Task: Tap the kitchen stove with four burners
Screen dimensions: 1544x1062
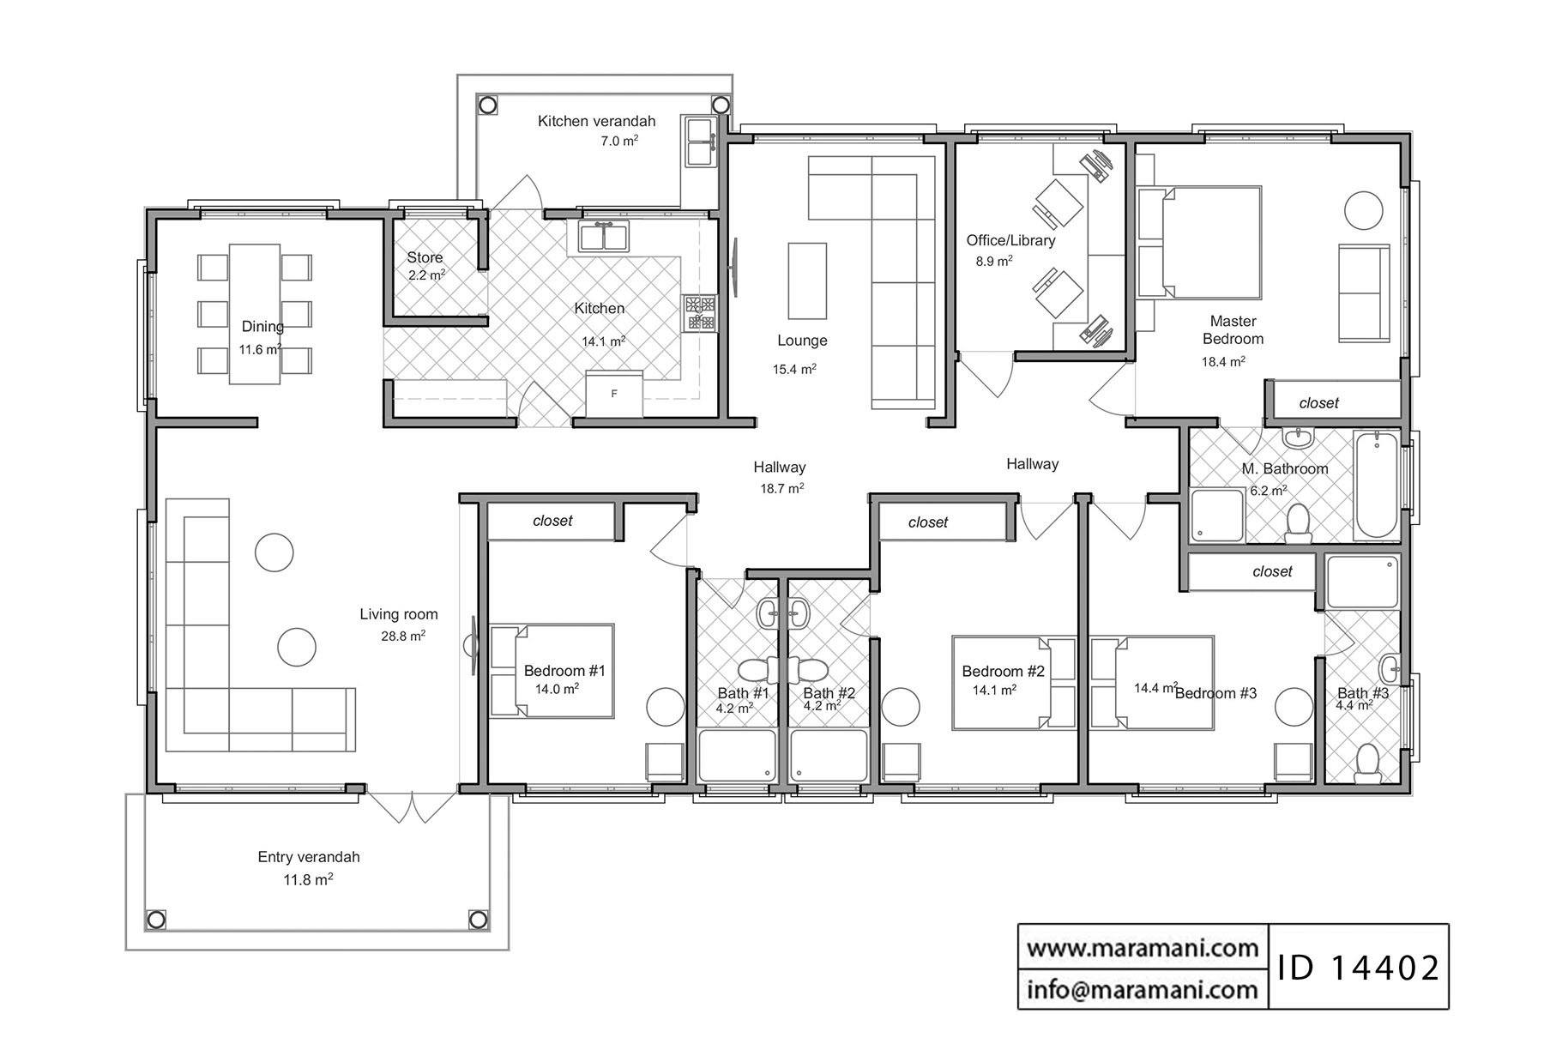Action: [699, 313]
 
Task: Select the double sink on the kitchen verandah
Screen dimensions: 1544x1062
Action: [699, 142]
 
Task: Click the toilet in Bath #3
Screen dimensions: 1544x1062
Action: [1366, 764]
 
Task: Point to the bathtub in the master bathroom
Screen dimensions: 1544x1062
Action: [1377, 485]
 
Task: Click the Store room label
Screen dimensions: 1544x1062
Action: [425, 257]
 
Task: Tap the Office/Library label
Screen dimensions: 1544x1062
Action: [1010, 240]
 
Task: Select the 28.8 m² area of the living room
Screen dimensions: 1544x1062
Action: [403, 637]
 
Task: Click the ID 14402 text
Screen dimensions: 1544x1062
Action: [1358, 968]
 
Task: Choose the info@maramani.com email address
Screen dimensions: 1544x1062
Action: [1143, 990]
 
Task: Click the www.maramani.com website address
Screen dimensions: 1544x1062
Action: [1143, 948]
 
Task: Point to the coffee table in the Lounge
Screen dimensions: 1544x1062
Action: [807, 280]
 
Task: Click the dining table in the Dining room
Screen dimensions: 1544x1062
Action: [255, 314]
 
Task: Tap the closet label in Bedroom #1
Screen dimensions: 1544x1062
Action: [552, 521]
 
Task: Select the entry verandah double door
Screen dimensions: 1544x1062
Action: [413, 806]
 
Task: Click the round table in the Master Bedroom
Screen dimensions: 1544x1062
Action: [1362, 209]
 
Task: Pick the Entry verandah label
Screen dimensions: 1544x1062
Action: [309, 857]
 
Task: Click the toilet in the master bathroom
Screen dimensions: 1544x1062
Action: [1298, 523]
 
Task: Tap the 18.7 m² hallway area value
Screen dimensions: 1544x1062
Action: [781, 489]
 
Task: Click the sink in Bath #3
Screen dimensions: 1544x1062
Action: [1390, 667]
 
